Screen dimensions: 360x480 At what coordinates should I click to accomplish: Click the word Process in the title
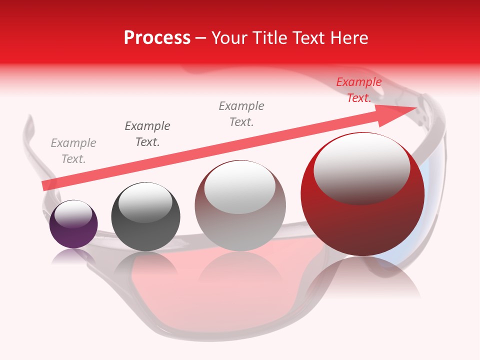point(157,38)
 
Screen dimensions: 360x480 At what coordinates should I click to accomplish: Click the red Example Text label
point(358,90)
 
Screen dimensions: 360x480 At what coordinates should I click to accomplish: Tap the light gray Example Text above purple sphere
point(73,151)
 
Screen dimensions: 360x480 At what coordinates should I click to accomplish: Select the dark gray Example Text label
point(147,134)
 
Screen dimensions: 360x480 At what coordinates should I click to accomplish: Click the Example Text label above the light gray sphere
point(241,114)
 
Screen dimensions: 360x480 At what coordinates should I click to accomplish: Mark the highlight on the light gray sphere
point(240,187)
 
